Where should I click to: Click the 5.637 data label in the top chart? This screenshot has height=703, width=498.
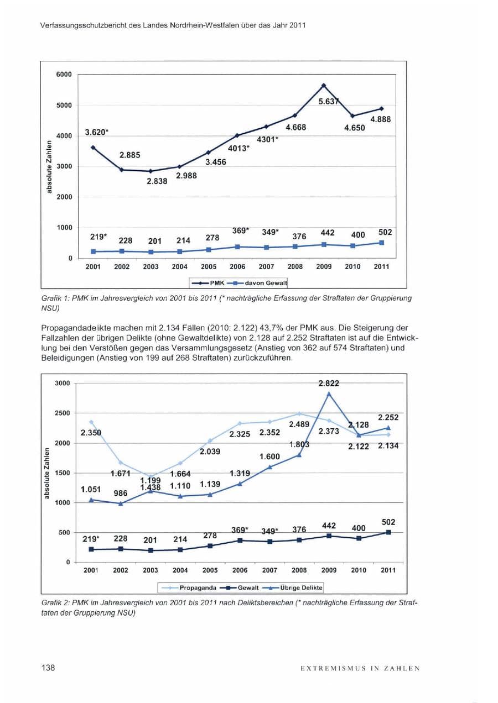[x=329, y=101]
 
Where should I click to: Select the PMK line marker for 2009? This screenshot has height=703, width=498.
[x=324, y=85]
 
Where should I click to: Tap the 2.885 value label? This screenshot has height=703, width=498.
[x=130, y=155]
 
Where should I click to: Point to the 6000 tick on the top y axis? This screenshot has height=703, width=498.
[x=64, y=75]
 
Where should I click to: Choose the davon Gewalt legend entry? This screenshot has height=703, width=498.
[x=256, y=283]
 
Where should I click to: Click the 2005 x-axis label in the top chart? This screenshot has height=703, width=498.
[x=209, y=267]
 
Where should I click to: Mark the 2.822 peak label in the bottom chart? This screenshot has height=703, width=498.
[x=329, y=383]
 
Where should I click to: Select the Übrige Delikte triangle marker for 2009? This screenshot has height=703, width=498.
[x=329, y=394]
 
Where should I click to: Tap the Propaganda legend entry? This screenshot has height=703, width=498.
[x=188, y=588]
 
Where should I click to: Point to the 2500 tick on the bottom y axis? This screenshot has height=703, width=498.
[x=62, y=413]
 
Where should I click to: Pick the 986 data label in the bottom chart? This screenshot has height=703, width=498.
[x=120, y=493]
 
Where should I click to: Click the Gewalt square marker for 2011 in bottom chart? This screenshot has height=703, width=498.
[x=388, y=532]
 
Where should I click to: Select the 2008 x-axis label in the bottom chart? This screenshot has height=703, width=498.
[x=299, y=570]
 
